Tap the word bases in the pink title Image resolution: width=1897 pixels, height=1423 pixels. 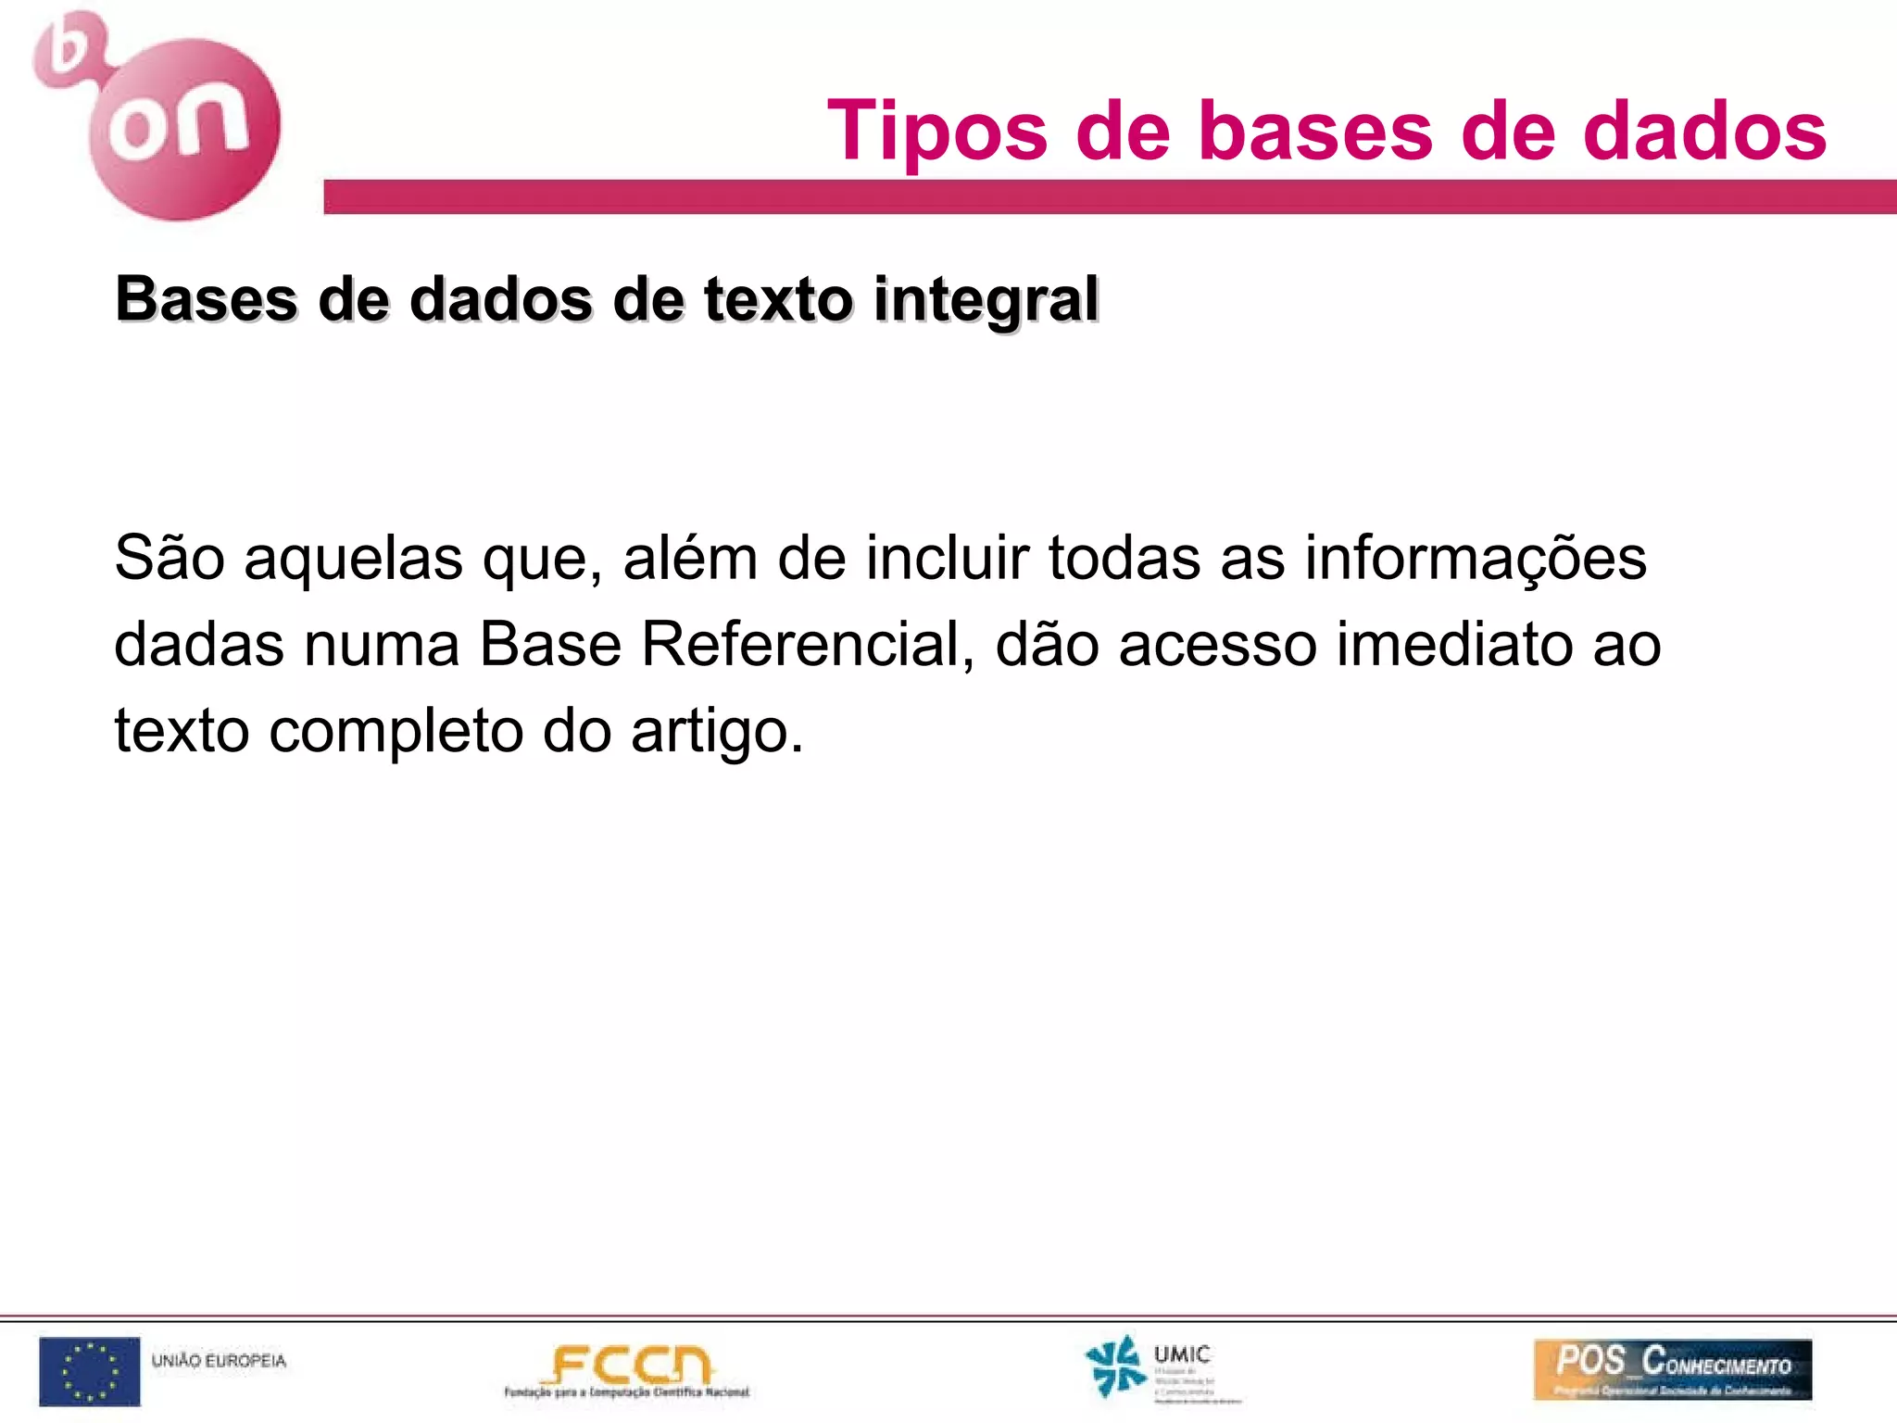[x=1315, y=131]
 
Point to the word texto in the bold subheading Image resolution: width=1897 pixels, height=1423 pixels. [x=778, y=300]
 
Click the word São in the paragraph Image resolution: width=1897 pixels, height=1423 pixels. [x=170, y=558]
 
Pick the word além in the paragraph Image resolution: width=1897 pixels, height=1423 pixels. [x=690, y=558]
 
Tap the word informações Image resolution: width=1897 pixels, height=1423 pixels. [x=1476, y=560]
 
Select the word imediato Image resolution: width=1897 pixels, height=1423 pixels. [x=1453, y=644]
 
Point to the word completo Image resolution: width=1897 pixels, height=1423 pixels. [x=396, y=731]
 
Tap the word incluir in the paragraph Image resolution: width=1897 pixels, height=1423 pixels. [x=947, y=558]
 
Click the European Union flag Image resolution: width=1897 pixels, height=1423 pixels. [x=90, y=1371]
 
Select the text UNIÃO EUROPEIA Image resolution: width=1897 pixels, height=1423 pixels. [x=219, y=1361]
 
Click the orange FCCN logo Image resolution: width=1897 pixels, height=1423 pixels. [x=628, y=1368]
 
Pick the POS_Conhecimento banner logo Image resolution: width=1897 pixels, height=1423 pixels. [x=1672, y=1369]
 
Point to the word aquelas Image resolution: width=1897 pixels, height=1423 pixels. [x=353, y=560]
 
